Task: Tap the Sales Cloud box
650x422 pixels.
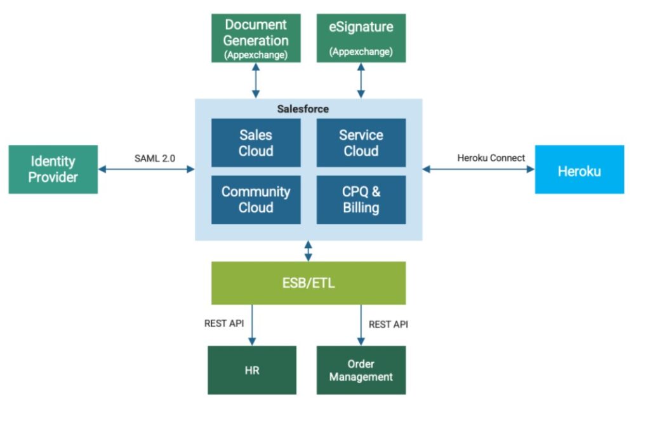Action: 256,143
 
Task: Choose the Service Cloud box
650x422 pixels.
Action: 361,143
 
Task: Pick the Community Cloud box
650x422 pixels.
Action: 256,200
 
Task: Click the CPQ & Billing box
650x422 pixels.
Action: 361,200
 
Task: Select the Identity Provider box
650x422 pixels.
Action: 53,169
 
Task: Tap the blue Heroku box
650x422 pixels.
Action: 579,170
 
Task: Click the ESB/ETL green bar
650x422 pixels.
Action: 308,283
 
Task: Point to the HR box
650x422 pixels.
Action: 252,370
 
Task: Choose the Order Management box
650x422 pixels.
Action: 361,370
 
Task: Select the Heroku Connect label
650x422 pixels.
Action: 491,158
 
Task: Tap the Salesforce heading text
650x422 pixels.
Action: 303,109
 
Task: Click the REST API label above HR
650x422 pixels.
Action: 223,324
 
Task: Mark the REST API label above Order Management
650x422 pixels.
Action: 388,324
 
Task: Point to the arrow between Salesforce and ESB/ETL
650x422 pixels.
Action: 308,250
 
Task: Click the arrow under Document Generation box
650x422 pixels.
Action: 256,80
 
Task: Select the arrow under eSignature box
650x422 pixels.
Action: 361,80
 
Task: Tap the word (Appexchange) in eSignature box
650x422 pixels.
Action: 361,52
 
